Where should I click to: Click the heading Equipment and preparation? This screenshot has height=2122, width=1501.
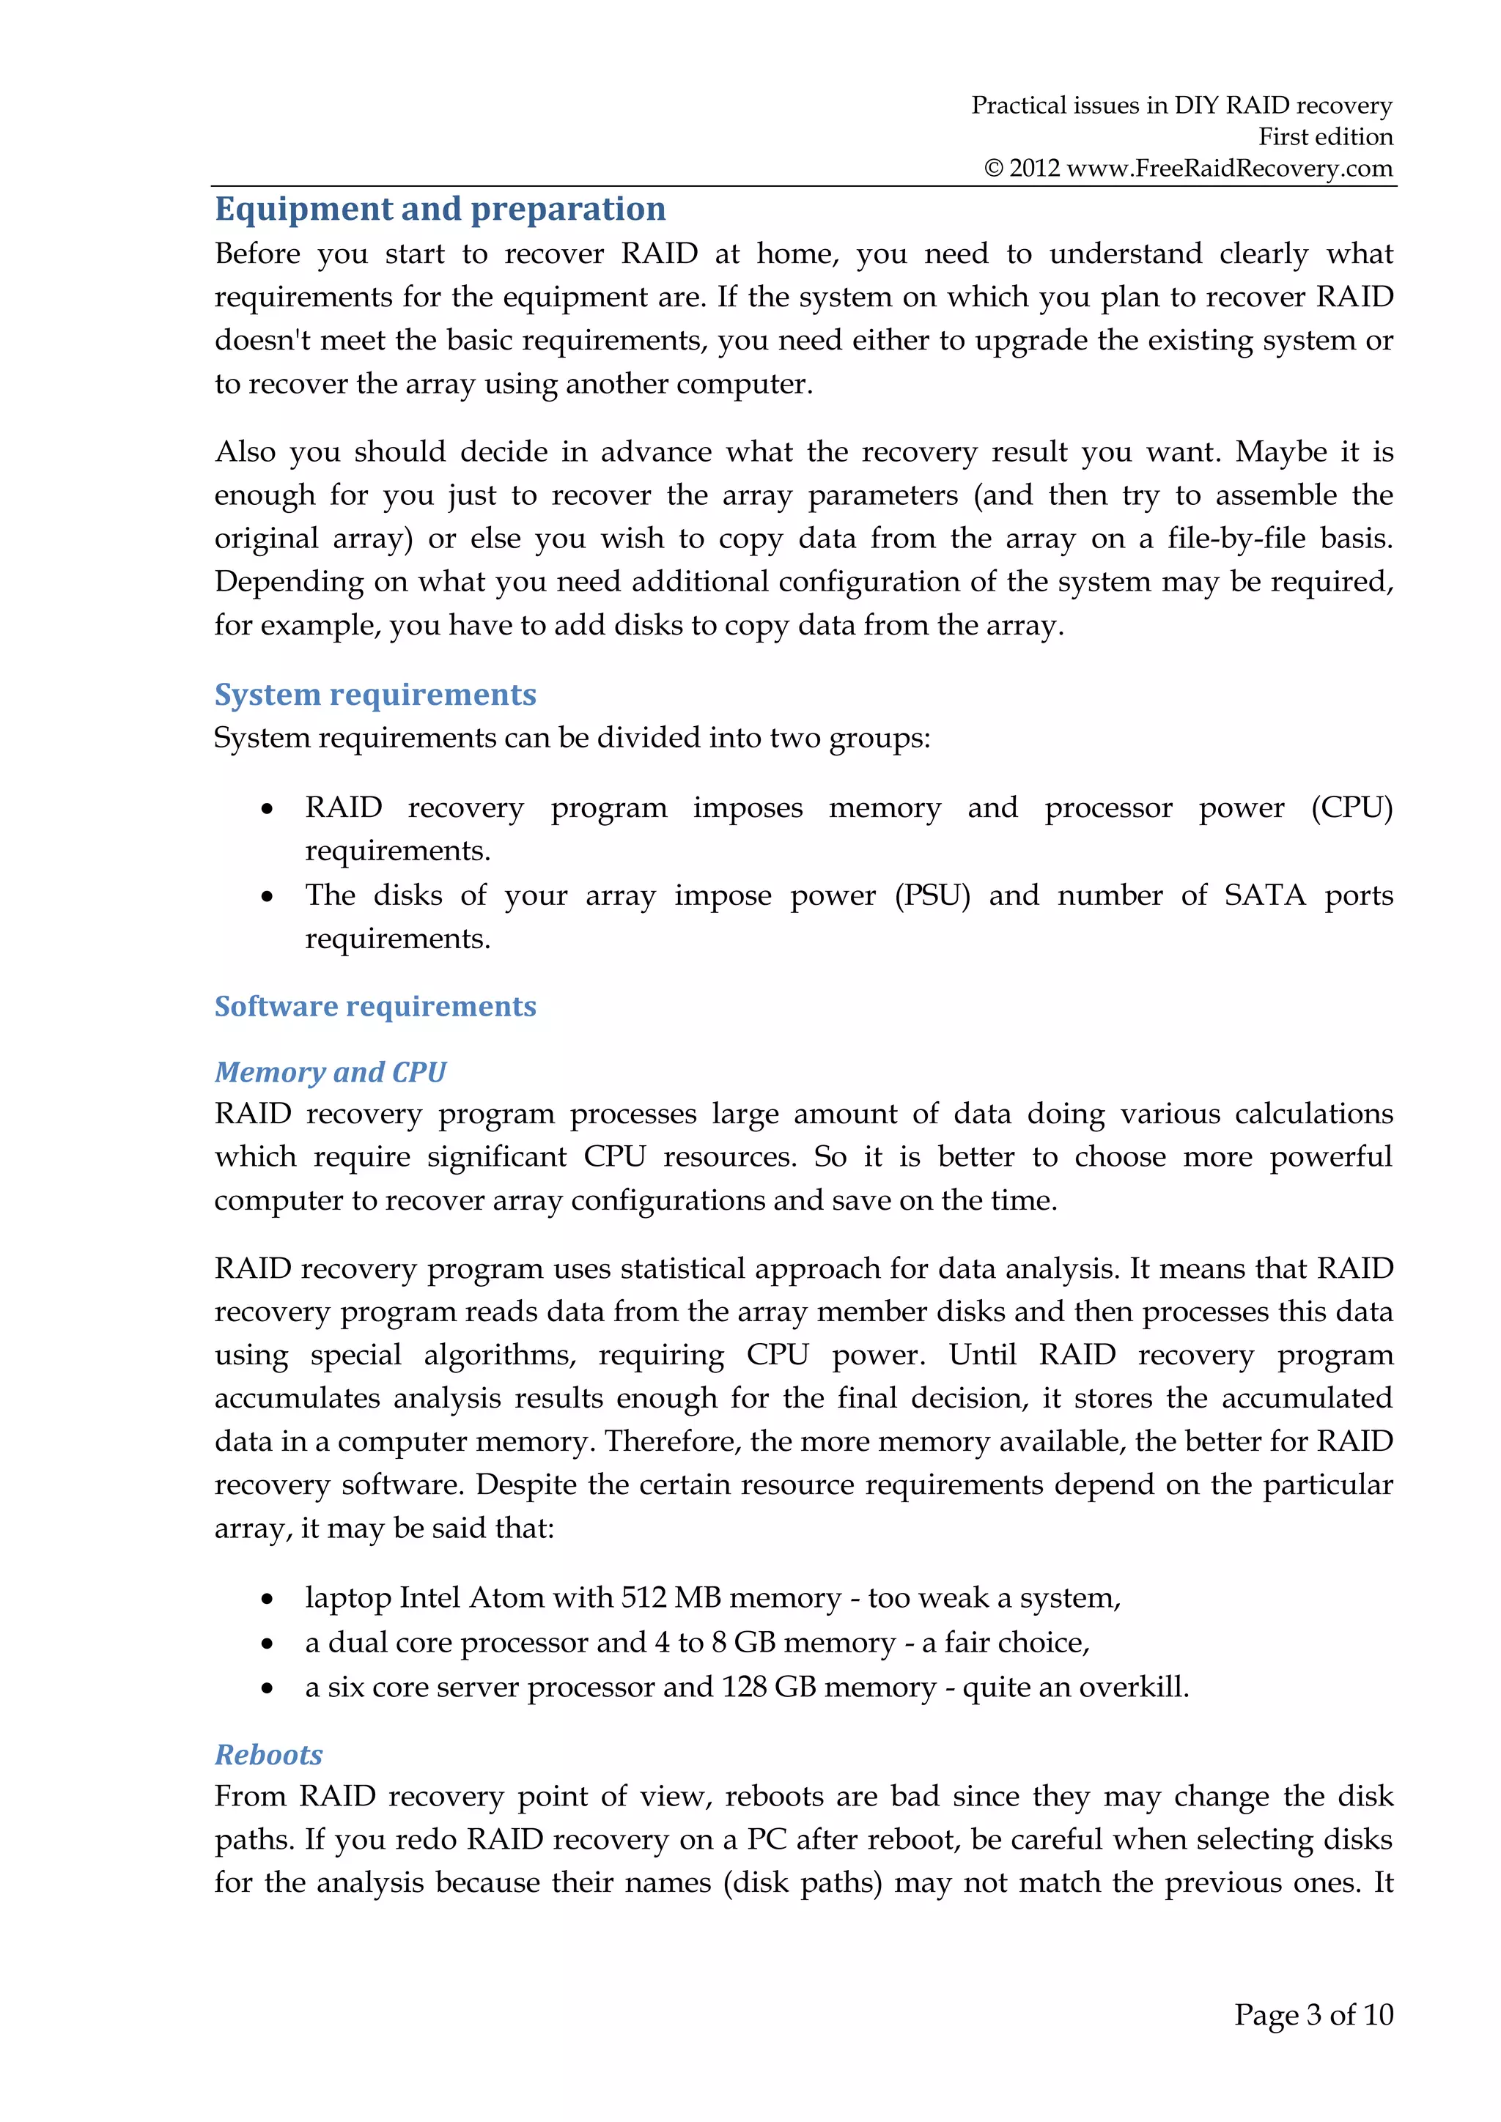[440, 209]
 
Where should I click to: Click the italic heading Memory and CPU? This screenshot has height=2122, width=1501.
[330, 1071]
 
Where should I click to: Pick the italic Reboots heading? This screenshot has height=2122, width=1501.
[269, 1754]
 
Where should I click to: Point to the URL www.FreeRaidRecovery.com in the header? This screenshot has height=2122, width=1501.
[1229, 169]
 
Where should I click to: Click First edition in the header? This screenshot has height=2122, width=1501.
[1325, 137]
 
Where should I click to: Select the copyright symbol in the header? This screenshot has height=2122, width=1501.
[994, 169]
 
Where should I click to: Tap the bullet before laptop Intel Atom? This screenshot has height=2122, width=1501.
[267, 1600]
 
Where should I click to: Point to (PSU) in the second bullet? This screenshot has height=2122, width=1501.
[932, 895]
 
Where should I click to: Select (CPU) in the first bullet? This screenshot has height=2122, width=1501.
[1351, 807]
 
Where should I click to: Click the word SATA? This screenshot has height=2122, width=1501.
[1264, 895]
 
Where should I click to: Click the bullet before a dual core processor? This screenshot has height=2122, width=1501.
[267, 1644]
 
